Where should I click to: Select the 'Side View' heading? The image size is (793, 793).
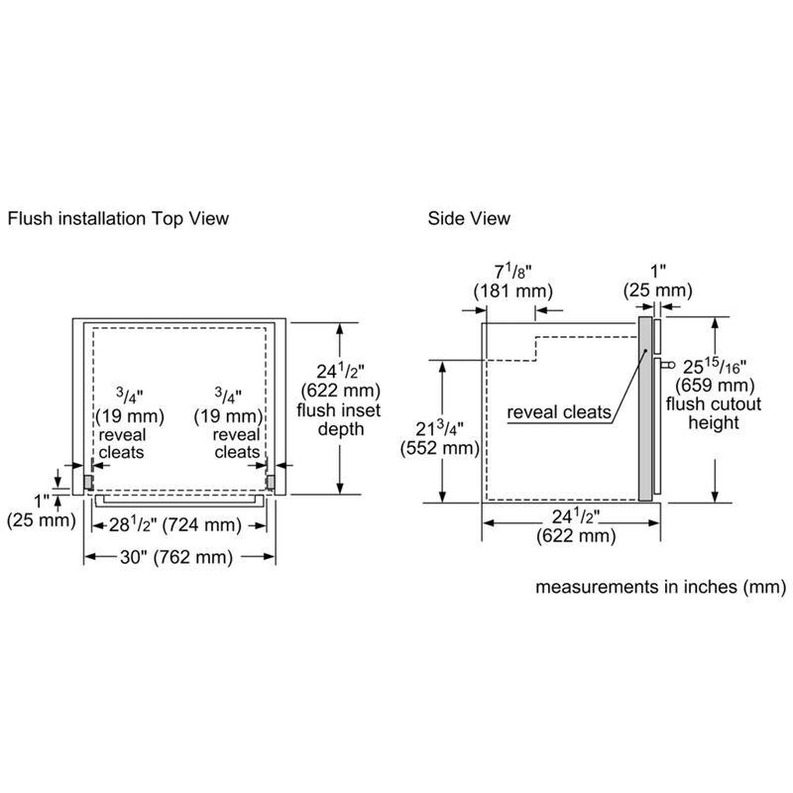tap(469, 217)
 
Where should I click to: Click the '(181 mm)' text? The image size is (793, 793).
tap(511, 290)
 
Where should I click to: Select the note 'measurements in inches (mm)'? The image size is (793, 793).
tap(661, 587)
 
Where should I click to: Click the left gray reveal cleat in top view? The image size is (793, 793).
tap(88, 480)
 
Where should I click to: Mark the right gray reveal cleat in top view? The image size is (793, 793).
tap(270, 480)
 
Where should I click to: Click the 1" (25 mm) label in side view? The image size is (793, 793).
tap(655, 281)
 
